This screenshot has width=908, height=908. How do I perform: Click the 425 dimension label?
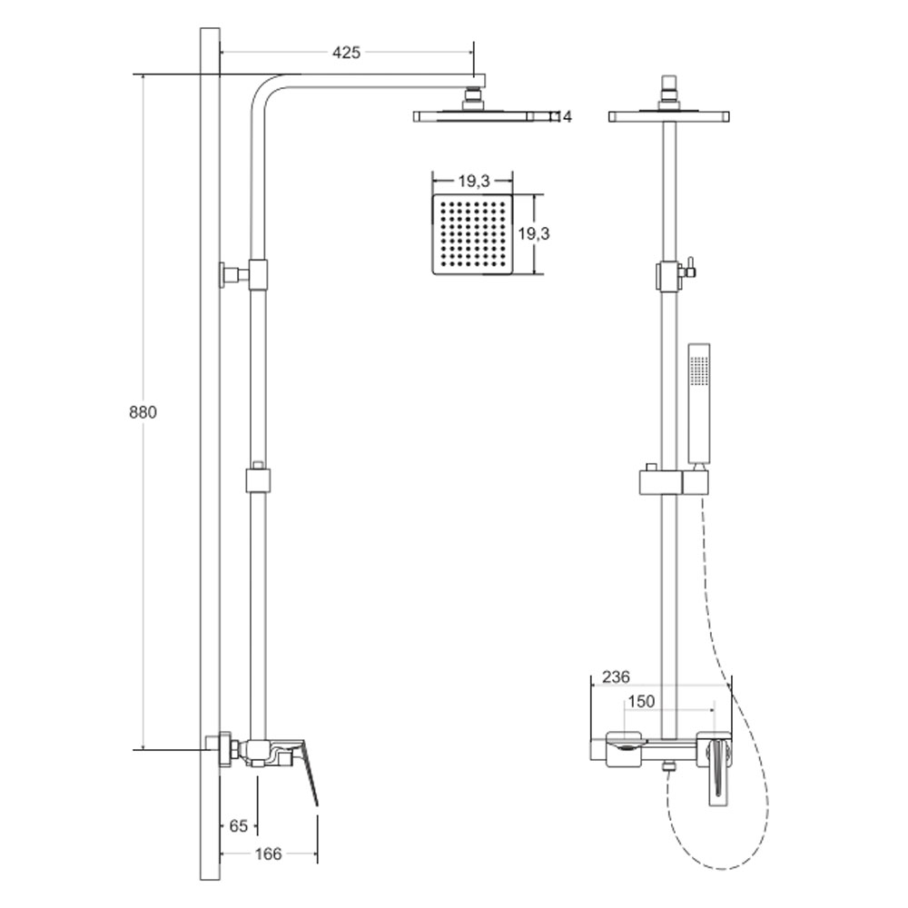point(346,52)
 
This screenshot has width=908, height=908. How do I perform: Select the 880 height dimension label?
point(143,412)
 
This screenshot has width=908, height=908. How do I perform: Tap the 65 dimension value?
point(238,825)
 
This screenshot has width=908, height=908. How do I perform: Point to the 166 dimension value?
point(268,854)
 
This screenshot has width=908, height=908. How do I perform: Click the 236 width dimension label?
point(616,676)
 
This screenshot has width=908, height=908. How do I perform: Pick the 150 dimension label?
point(641,701)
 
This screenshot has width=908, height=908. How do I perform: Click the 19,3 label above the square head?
point(474,182)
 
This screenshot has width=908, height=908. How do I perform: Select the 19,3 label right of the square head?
point(534,234)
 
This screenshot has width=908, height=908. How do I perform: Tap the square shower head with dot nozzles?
point(472,234)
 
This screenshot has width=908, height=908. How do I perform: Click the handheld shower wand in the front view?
point(699,405)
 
